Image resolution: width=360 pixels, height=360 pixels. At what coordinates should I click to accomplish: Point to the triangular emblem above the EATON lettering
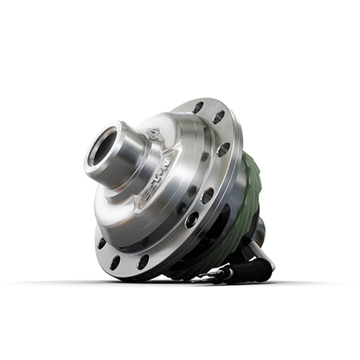click(154, 136)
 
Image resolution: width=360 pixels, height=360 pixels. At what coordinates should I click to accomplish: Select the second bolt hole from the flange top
click(218, 117)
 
